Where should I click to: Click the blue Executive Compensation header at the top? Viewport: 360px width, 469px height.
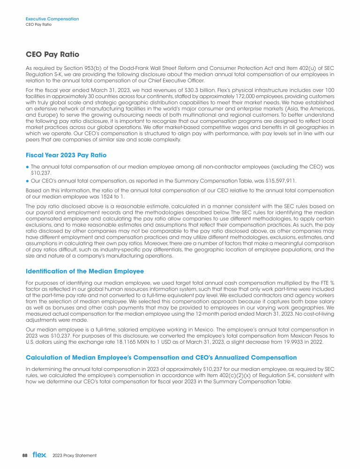(x=52, y=19)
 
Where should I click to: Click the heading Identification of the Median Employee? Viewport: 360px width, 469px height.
(x=84, y=272)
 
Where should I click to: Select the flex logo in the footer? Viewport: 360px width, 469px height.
(x=39, y=455)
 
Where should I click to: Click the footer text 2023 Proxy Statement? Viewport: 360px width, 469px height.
(x=74, y=455)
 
